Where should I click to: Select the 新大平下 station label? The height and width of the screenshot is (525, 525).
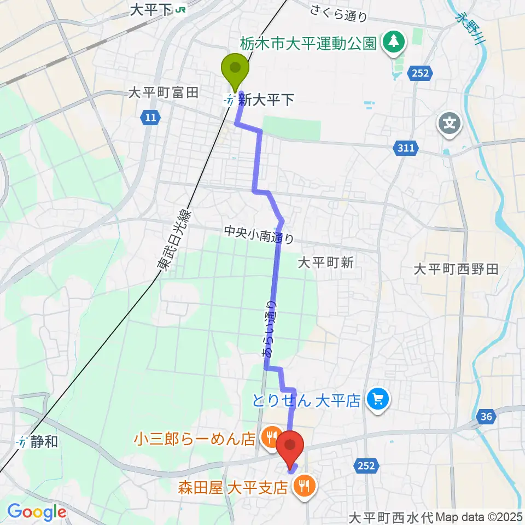click(x=266, y=100)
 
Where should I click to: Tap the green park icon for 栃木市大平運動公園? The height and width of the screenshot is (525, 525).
click(x=393, y=42)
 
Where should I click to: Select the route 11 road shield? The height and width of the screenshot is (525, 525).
click(x=150, y=116)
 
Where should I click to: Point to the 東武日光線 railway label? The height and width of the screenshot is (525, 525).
click(x=172, y=241)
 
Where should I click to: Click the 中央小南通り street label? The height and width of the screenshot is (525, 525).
click(x=259, y=235)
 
